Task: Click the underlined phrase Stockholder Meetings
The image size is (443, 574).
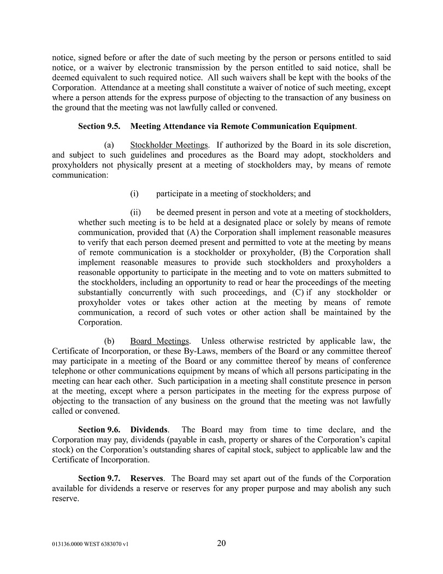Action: [169, 145]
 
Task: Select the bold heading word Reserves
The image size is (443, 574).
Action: [146, 478]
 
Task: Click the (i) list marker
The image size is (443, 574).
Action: [134, 194]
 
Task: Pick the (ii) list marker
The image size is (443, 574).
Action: [135, 212]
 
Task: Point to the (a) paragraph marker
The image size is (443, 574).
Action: [109, 145]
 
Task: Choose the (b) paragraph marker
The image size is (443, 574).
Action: [109, 341]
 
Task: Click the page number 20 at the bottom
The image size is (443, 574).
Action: [221, 543]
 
